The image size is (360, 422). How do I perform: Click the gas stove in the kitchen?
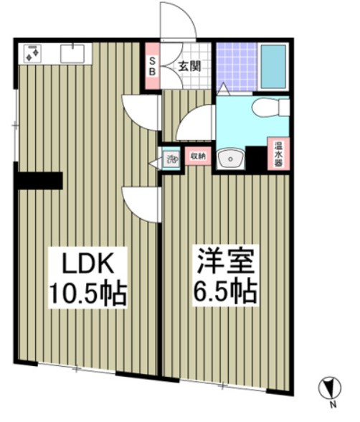(32, 53)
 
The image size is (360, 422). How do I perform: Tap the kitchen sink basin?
(72, 54)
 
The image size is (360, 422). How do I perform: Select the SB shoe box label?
(152, 66)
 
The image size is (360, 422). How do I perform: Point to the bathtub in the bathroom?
(273, 67)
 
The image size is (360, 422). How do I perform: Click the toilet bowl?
(270, 107)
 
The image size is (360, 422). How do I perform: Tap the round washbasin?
(230, 159)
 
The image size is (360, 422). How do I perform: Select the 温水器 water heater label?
(278, 154)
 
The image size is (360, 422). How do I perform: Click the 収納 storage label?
(198, 156)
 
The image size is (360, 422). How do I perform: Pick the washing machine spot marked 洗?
(171, 159)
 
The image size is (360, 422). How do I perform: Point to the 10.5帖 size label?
(87, 293)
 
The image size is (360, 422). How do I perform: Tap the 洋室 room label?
(226, 261)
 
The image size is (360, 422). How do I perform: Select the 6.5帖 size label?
(225, 292)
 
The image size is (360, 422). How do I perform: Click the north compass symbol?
(330, 388)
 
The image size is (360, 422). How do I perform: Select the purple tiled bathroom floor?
(237, 67)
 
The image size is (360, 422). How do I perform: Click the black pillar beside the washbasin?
(256, 159)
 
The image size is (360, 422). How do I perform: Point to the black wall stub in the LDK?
(39, 181)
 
